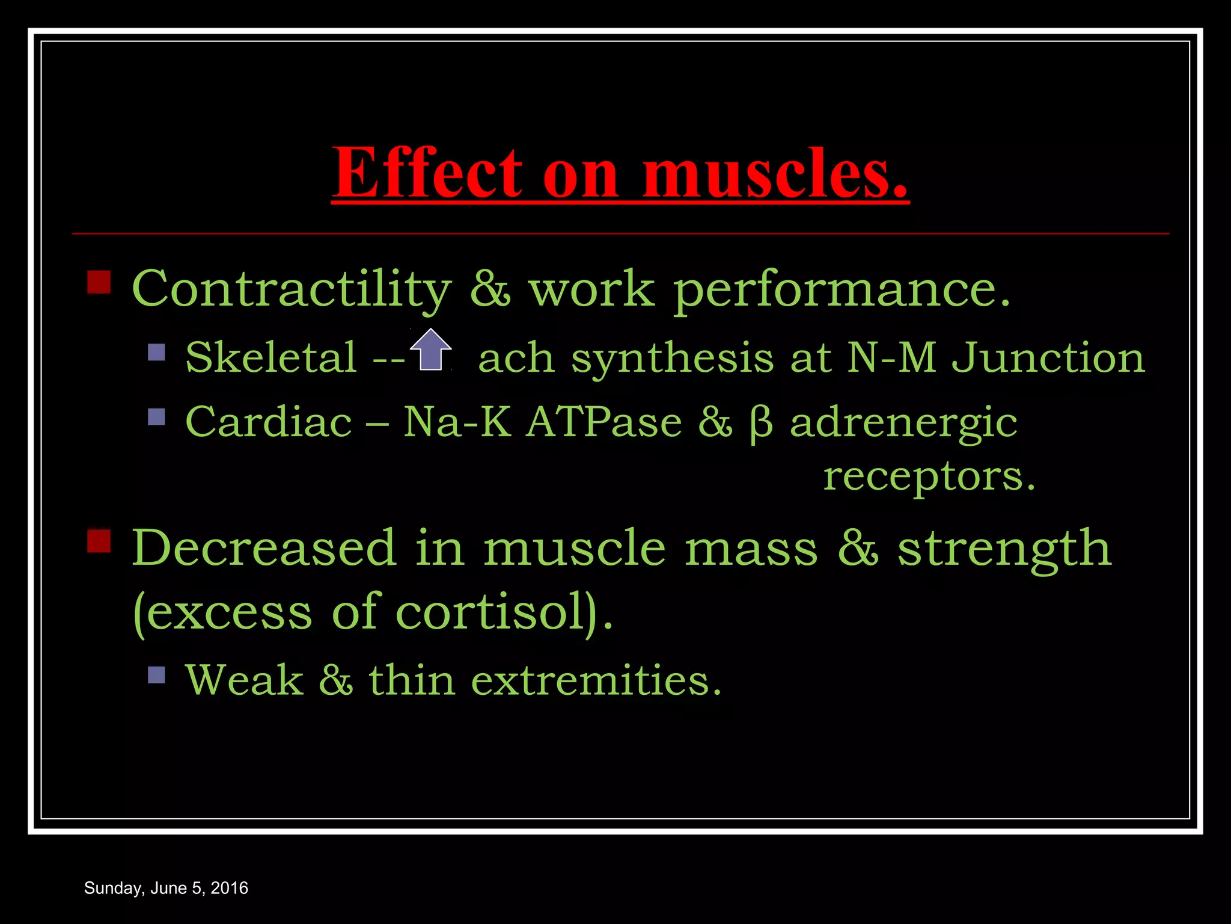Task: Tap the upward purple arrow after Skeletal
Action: tap(431, 350)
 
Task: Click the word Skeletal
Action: tap(271, 357)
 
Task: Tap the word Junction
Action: tap(1049, 357)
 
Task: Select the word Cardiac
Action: tap(269, 422)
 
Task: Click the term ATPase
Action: tap(604, 422)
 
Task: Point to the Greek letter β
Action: tap(761, 423)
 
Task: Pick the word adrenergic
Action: tap(903, 423)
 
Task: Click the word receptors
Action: tap(929, 476)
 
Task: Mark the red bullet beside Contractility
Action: tap(99, 282)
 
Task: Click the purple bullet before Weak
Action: tap(156, 675)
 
